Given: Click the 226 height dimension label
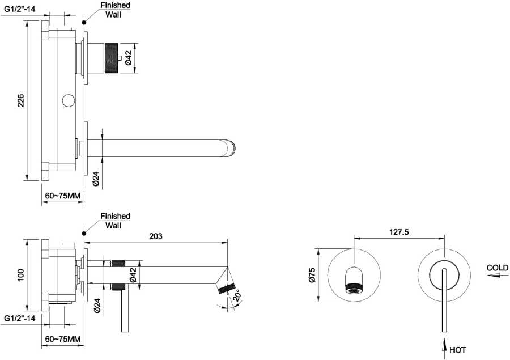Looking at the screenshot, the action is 21,100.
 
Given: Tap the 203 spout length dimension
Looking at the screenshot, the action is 156,236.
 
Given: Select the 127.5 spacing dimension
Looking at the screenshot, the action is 399,232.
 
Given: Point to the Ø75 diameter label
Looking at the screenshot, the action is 312,275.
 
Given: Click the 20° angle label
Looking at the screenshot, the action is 236,296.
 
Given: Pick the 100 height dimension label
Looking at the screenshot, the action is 21,275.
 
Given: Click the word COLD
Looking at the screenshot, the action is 498,268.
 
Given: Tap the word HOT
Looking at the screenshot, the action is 458,350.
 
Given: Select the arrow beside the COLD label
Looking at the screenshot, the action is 498,276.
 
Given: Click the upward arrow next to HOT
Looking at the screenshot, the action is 444,348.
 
